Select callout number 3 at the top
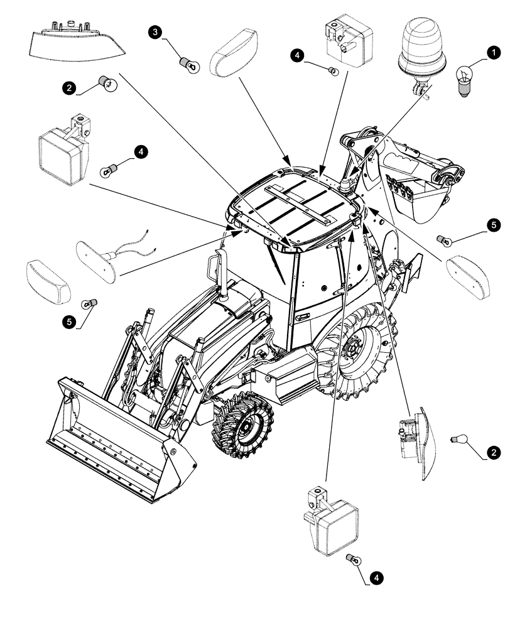point(154,31)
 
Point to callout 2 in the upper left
point(67,88)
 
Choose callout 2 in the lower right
point(495,452)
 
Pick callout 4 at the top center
point(298,56)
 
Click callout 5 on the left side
point(68,322)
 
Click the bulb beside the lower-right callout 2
point(458,440)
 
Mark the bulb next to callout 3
point(186,63)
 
